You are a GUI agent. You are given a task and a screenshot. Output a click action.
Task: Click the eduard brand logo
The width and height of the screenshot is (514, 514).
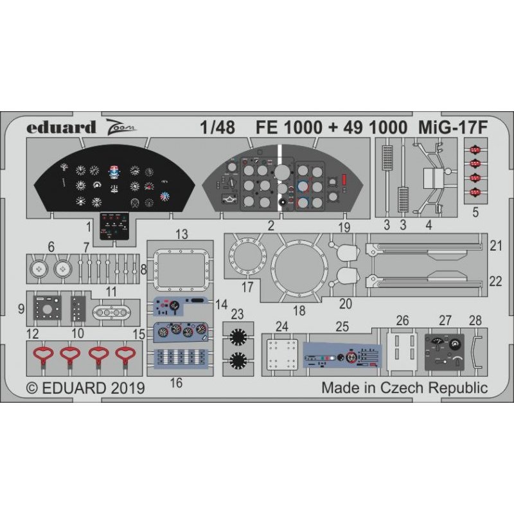point(61,127)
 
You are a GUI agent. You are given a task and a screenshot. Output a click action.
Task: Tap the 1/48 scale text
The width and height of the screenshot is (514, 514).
point(218,127)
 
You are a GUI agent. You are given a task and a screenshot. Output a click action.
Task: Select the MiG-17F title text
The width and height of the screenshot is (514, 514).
point(453,127)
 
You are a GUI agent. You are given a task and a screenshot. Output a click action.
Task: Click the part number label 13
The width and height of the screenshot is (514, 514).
point(182,235)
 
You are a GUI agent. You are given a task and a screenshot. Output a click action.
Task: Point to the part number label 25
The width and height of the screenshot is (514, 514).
point(342,326)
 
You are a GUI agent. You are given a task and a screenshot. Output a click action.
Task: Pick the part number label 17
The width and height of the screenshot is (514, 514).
point(247,287)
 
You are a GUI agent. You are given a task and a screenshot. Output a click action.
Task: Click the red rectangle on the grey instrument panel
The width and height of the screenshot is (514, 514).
point(344,180)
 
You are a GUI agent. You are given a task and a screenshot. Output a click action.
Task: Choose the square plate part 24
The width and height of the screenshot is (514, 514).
point(282,355)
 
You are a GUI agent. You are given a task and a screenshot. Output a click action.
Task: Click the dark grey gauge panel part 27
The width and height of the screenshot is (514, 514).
point(445,352)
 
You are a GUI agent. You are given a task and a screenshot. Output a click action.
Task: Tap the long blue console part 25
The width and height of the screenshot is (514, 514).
point(342,355)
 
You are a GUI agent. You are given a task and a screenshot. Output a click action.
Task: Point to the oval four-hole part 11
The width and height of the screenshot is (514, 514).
point(112,313)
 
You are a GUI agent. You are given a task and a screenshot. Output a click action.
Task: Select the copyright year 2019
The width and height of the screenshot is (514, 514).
point(128,389)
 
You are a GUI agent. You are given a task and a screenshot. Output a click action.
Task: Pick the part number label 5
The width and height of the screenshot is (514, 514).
point(475,213)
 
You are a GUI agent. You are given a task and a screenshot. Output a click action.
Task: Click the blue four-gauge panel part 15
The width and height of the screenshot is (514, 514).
point(181,332)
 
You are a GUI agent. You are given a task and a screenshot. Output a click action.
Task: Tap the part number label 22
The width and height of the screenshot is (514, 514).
point(495,281)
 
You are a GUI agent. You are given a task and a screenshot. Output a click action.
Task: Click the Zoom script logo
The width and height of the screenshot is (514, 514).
point(120,127)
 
